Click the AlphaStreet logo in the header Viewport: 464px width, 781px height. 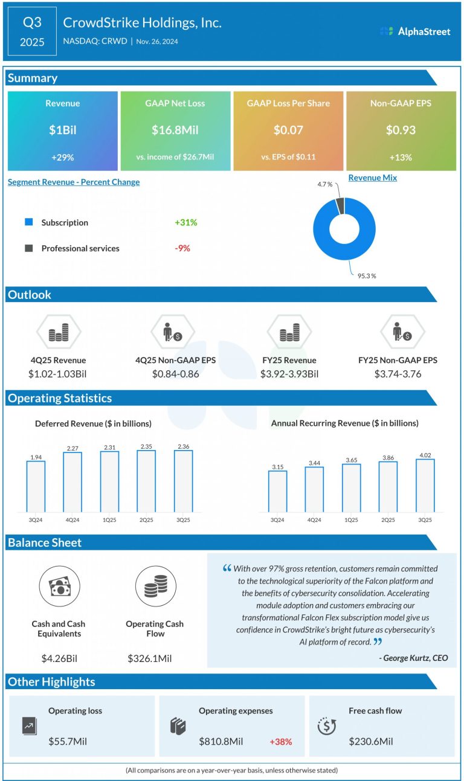(415, 31)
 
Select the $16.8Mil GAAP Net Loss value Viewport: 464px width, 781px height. (175, 130)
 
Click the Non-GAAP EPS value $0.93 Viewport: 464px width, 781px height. (401, 130)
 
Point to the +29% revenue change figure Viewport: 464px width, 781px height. (62, 157)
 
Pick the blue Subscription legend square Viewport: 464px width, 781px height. (28, 222)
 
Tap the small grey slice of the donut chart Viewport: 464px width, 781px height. (340, 205)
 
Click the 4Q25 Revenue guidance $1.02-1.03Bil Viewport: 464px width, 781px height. (57, 374)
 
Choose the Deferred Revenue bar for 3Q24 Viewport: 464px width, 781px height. (36, 487)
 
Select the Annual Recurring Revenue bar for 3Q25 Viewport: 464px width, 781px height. (425, 486)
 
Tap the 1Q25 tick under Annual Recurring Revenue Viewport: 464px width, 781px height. (351, 519)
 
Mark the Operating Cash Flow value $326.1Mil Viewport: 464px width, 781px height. (153, 658)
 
